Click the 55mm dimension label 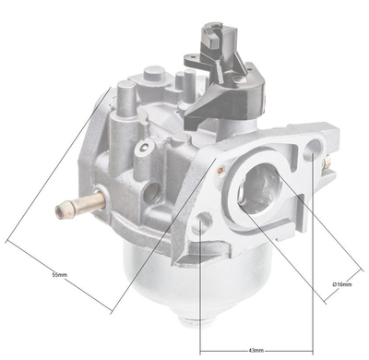[x=59, y=275]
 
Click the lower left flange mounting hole [x=202, y=223]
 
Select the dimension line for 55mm [x=60, y=269]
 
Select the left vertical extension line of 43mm [x=199, y=295]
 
